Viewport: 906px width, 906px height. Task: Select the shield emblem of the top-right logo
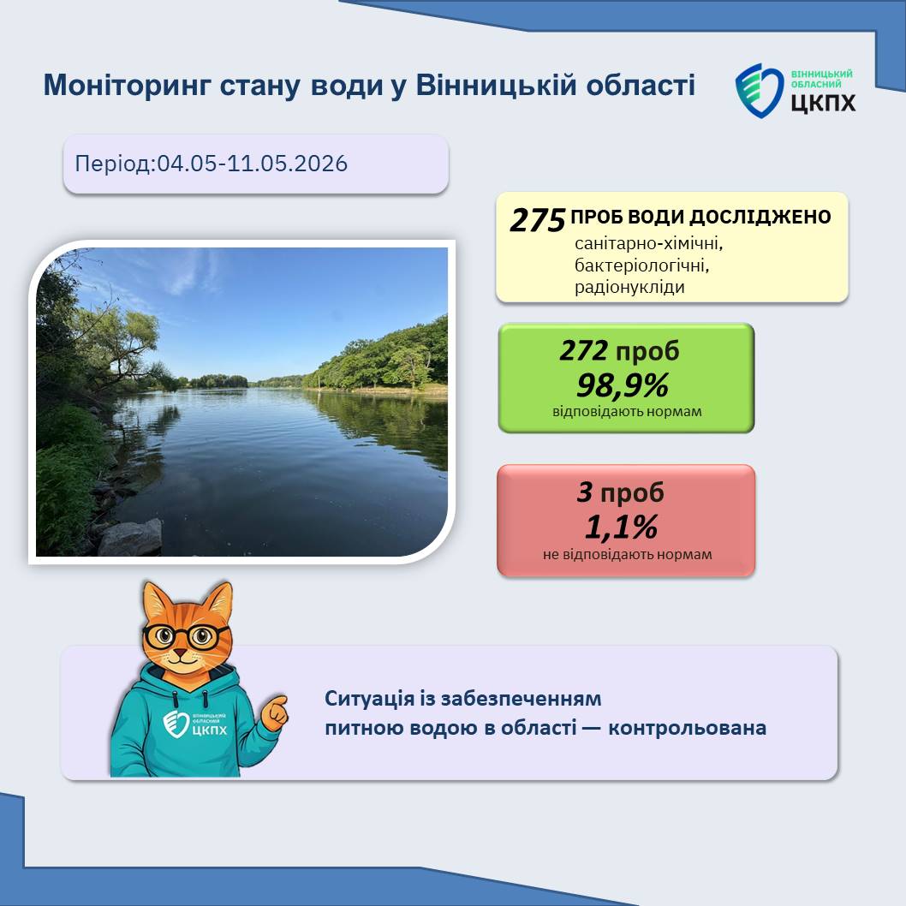point(759,91)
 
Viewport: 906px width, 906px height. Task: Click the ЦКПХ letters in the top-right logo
point(823,102)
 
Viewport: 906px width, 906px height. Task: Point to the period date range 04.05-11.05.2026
point(253,164)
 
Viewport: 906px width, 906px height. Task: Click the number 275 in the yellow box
point(538,220)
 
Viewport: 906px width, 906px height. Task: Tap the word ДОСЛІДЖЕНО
point(760,217)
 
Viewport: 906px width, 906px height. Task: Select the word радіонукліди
point(629,287)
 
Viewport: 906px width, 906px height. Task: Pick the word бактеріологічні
point(641,265)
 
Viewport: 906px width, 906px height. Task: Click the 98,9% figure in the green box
point(623,385)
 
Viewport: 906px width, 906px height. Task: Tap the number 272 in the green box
point(583,350)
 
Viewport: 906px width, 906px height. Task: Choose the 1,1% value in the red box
point(621,527)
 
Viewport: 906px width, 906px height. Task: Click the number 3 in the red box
point(585,492)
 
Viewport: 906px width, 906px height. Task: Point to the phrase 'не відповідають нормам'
point(627,555)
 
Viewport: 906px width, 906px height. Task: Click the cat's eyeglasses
point(185,637)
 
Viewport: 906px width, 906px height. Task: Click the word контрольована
point(687,728)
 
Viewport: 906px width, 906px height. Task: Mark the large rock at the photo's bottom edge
point(130,538)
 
